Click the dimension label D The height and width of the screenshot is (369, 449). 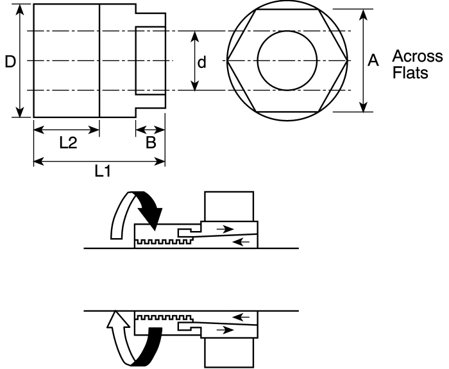9,62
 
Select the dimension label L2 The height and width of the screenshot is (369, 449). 68,144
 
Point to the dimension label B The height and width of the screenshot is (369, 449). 151,143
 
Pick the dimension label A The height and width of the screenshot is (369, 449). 372,61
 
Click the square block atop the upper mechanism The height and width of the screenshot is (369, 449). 230,206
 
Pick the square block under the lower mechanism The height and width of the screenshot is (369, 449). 230,352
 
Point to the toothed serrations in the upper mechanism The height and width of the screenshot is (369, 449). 163,242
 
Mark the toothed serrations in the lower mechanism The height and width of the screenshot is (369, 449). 163,317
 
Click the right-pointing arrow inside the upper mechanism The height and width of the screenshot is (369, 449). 224,227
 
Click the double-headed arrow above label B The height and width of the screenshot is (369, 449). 150,130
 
